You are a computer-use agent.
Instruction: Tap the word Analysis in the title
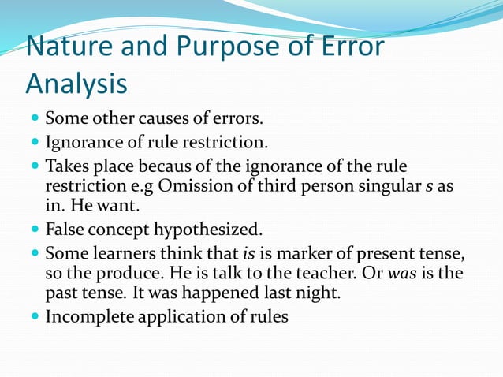(x=76, y=82)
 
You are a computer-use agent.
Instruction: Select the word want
(x=122, y=207)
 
